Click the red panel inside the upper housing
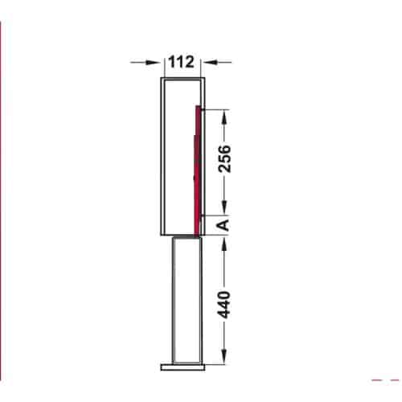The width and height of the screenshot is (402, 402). [197, 169]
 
